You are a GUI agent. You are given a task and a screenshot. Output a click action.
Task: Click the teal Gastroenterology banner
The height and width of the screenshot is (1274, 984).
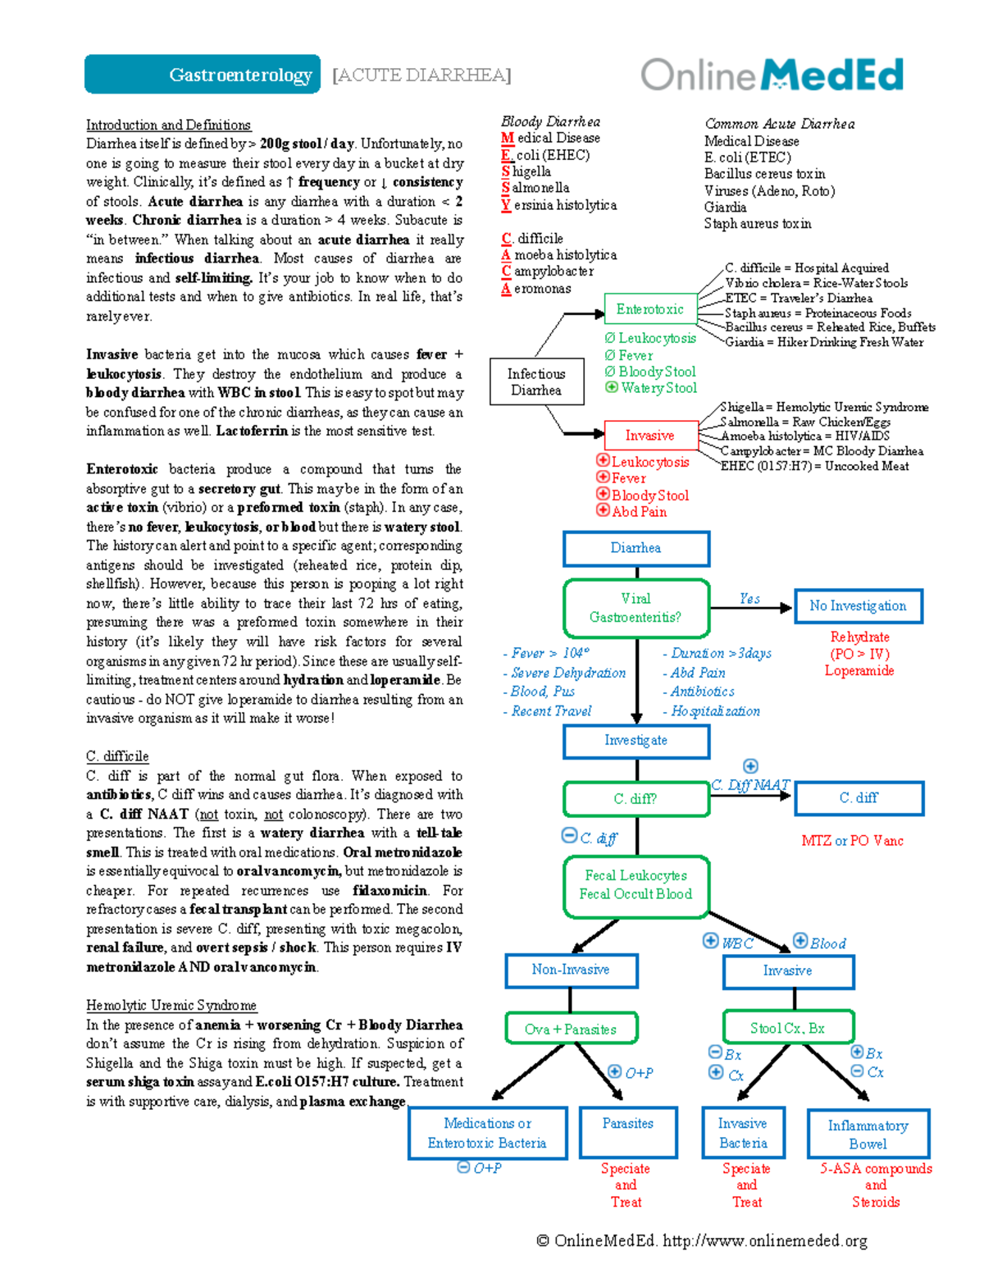(x=202, y=75)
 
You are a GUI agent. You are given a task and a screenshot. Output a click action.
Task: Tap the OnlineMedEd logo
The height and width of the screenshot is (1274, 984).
(x=772, y=75)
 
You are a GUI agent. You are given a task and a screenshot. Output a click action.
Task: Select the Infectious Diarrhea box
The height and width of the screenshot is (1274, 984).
(x=536, y=381)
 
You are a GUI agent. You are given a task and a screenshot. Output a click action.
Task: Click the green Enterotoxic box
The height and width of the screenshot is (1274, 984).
(x=649, y=309)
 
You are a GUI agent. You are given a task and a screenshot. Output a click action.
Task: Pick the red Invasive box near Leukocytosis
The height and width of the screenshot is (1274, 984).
(x=649, y=436)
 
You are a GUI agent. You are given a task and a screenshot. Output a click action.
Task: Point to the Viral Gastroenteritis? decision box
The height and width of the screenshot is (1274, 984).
(x=635, y=608)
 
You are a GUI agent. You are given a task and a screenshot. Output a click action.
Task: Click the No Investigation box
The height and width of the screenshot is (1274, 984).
(x=858, y=606)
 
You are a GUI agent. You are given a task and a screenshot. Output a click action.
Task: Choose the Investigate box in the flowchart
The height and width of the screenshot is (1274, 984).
(x=635, y=741)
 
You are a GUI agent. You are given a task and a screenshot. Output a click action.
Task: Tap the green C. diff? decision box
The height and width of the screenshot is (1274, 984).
(x=635, y=798)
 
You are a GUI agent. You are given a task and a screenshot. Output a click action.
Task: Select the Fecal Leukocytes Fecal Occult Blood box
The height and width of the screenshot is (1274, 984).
(x=635, y=885)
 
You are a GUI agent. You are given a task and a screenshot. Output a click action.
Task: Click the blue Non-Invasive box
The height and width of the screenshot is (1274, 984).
(x=571, y=970)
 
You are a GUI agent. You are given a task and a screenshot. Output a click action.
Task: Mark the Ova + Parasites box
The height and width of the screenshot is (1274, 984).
(x=571, y=1029)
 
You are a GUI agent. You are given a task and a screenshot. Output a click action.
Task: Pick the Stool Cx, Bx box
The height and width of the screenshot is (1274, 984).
(x=787, y=1028)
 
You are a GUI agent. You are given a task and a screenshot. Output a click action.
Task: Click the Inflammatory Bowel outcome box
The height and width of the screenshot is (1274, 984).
(x=868, y=1135)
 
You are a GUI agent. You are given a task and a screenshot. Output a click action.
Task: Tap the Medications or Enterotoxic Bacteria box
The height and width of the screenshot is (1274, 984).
(x=487, y=1133)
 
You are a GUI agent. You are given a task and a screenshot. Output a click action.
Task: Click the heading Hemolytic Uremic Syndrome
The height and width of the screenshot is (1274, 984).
(x=171, y=1005)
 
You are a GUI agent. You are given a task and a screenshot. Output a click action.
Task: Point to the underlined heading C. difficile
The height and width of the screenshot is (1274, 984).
(x=117, y=756)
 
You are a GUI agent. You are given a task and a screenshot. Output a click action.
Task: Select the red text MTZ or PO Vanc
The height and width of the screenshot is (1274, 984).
(x=852, y=841)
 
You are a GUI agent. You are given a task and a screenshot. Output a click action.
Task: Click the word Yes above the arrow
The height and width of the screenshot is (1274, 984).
(x=749, y=599)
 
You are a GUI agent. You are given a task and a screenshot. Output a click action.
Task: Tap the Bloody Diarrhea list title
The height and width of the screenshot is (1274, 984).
(x=550, y=121)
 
